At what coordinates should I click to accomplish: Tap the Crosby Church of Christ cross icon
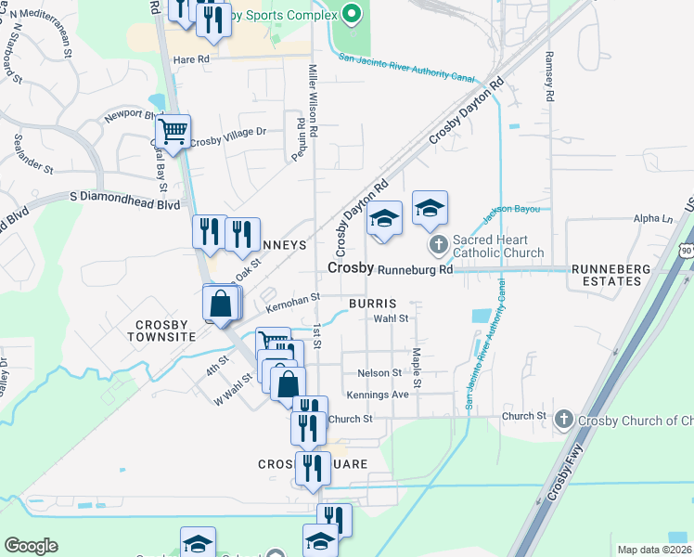tap(563, 421)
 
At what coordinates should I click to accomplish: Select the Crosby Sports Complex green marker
tap(350, 14)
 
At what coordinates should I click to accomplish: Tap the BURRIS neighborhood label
tap(373, 304)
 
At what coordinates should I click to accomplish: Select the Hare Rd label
tap(192, 59)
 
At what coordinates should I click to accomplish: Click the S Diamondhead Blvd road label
tap(124, 197)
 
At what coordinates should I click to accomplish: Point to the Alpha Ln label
tap(652, 219)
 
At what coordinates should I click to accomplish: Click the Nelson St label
tap(379, 373)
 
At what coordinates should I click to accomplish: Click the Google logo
tap(31, 546)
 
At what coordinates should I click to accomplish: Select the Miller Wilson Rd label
tap(313, 102)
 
